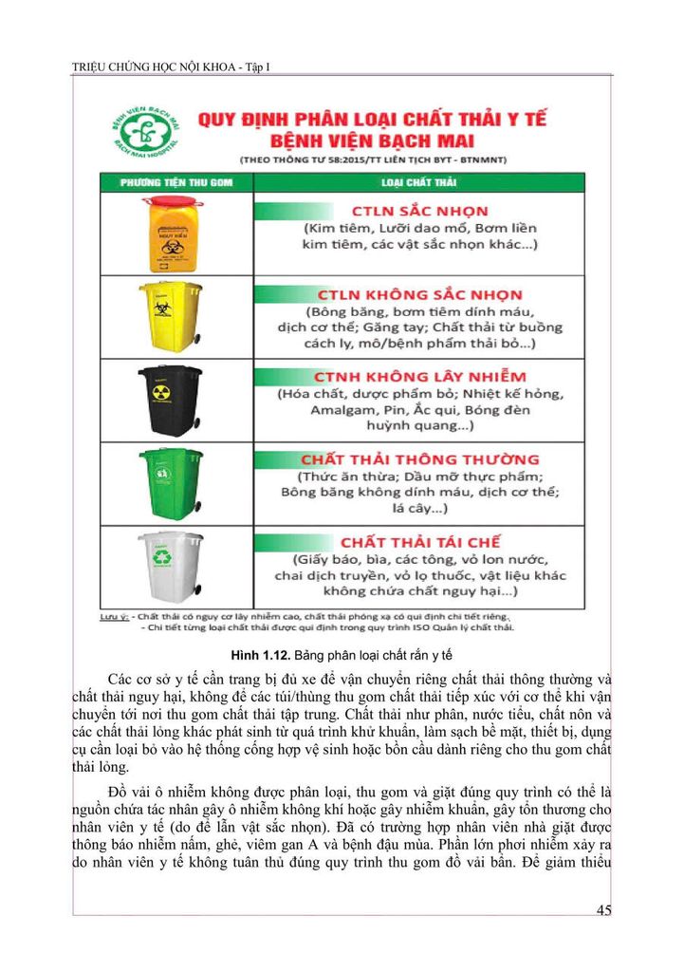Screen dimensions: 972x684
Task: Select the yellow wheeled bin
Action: pyautogui.click(x=171, y=314)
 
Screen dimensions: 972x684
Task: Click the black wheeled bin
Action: pyautogui.click(x=171, y=399)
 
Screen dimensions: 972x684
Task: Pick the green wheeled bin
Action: pyautogui.click(x=171, y=481)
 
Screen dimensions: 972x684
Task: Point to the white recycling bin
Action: pyautogui.click(x=171, y=566)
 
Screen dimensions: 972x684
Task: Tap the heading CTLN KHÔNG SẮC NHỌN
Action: pyautogui.click(x=420, y=294)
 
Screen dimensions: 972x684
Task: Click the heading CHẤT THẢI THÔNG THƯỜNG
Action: pyautogui.click(x=420, y=459)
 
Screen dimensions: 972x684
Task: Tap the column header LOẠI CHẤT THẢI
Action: pyautogui.click(x=419, y=181)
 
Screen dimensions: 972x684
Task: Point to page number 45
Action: pyautogui.click(x=603, y=911)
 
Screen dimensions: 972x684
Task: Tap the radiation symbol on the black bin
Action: pyautogui.click(x=160, y=390)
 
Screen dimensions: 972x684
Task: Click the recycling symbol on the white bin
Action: pyautogui.click(x=162, y=558)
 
